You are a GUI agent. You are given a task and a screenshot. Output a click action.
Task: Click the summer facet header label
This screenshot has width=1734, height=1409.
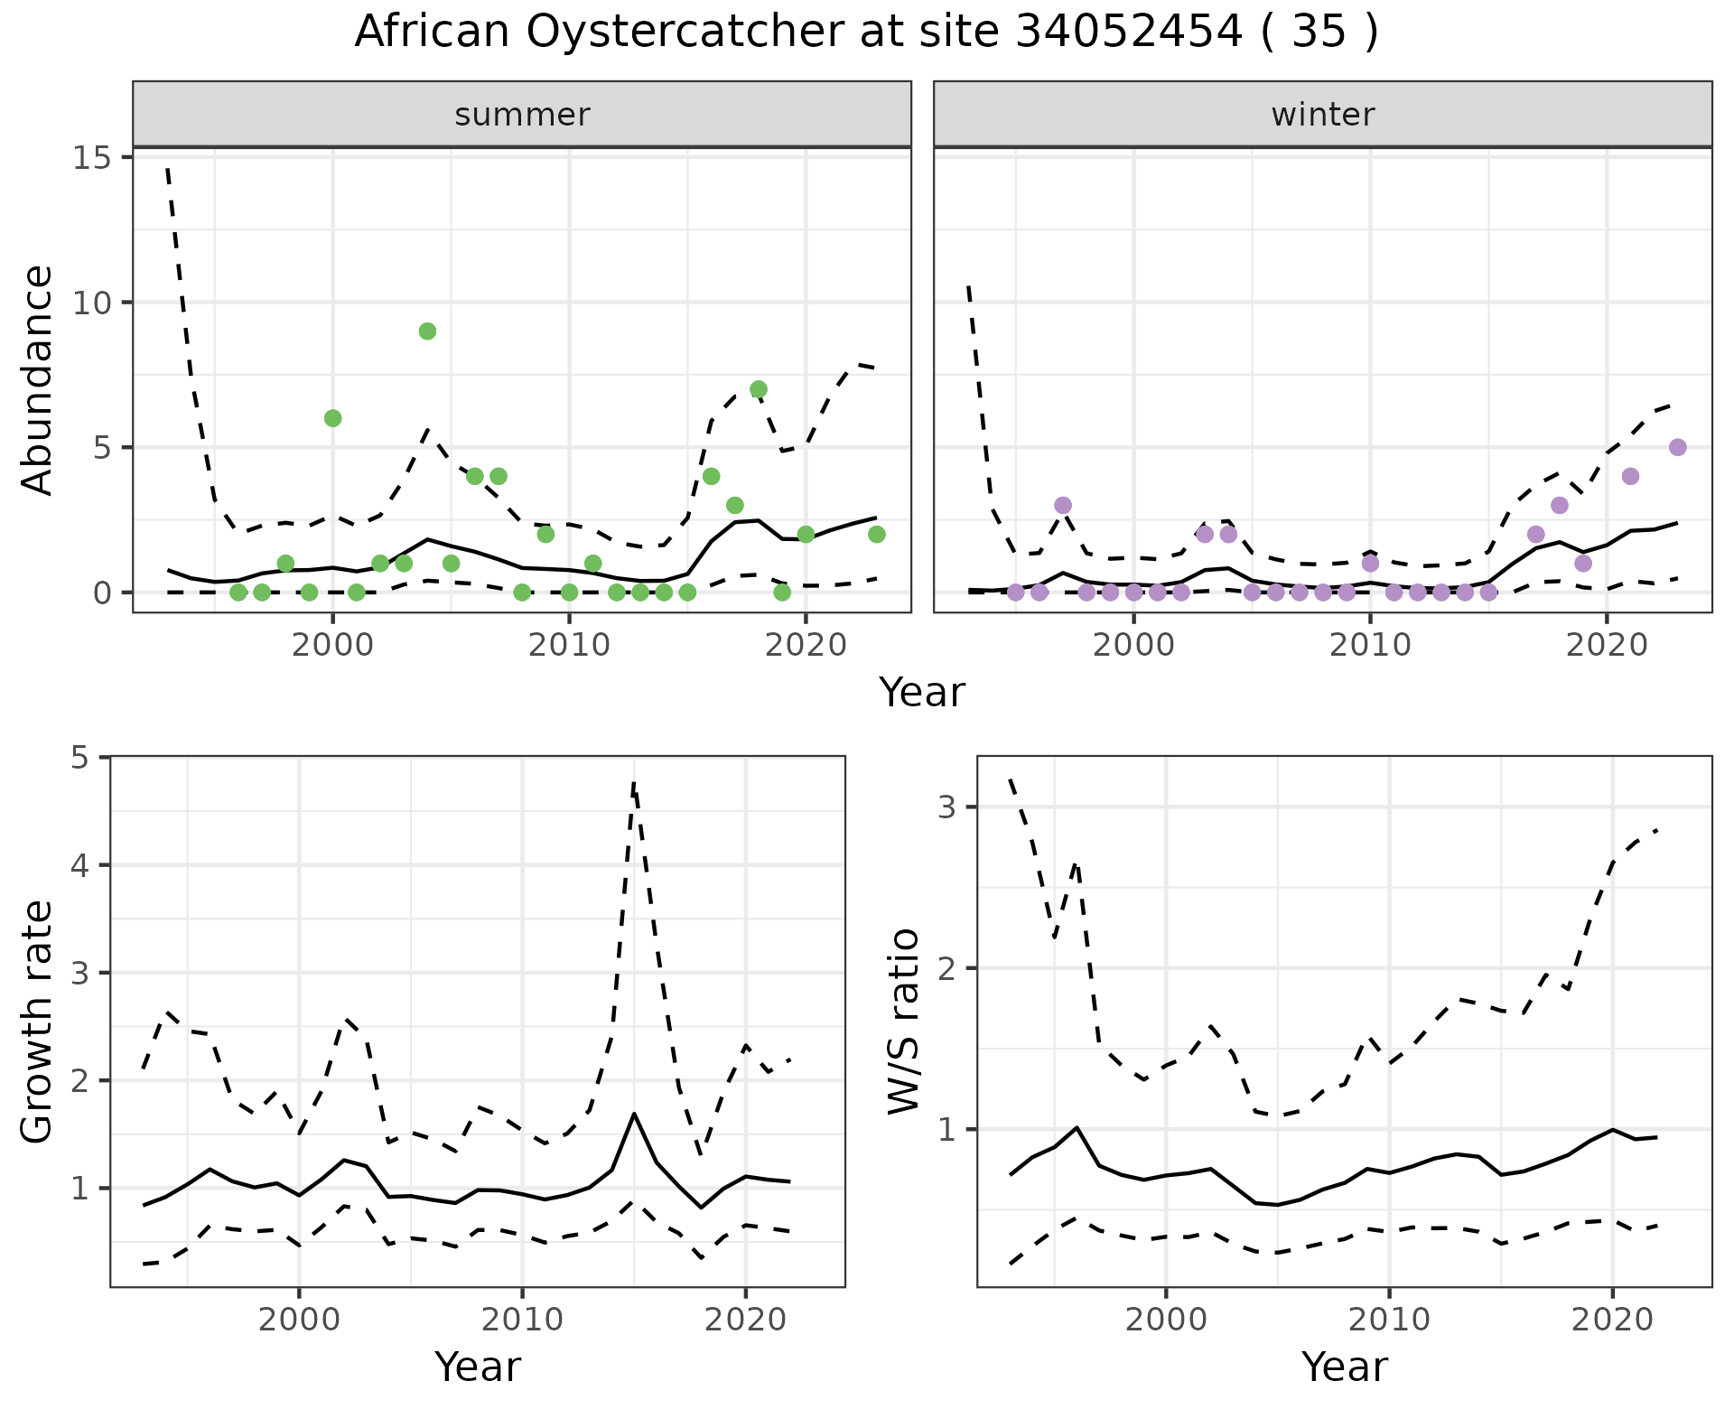[522, 115]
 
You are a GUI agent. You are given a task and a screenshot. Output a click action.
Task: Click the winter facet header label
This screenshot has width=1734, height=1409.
[1322, 115]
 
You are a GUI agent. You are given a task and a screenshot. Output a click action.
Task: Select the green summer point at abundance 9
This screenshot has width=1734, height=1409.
[428, 331]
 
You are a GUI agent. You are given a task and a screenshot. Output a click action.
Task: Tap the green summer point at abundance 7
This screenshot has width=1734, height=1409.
[759, 389]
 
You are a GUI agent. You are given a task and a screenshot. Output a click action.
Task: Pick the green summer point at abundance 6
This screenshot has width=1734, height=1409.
[332, 418]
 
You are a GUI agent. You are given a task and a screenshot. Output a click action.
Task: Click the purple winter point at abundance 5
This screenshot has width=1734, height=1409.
[1678, 447]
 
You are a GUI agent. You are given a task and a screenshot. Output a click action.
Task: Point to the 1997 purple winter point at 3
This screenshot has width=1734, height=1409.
[1063, 505]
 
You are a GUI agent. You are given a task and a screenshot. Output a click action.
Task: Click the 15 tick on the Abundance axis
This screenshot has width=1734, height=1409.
[89, 158]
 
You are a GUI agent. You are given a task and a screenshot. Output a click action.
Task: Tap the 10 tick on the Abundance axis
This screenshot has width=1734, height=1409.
[89, 303]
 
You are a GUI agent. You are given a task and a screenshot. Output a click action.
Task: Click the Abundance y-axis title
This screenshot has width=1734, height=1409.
[38, 379]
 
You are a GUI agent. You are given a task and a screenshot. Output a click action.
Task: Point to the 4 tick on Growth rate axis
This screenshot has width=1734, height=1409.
[80, 865]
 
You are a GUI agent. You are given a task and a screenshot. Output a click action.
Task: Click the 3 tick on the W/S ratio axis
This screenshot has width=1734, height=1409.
[947, 807]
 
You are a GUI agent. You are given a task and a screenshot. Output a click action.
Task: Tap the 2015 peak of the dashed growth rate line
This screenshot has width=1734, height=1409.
[635, 782]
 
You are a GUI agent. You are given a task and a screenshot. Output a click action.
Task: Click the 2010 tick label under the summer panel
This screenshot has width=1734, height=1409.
[569, 646]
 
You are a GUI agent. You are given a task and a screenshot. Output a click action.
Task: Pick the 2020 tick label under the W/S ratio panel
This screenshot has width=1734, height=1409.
[1612, 1320]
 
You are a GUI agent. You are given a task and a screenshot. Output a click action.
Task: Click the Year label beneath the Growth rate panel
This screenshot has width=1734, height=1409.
[478, 1367]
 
